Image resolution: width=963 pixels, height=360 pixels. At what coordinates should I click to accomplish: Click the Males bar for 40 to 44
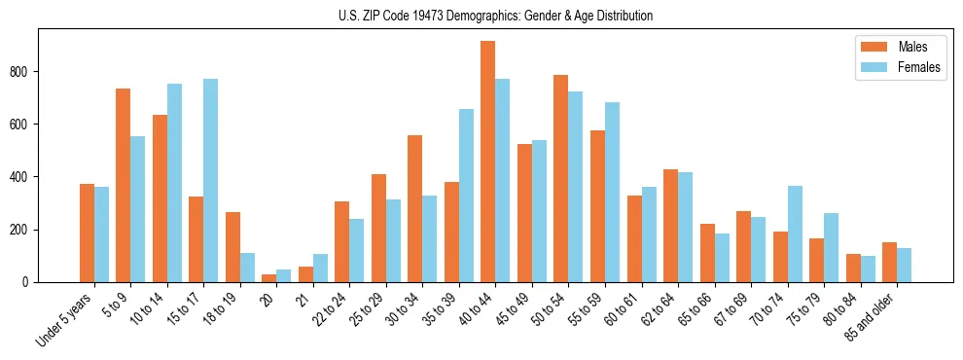[x=487, y=162]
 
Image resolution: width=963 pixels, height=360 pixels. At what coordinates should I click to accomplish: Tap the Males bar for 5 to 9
[x=123, y=185]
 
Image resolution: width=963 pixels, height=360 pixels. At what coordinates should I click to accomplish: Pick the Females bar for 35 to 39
[x=466, y=196]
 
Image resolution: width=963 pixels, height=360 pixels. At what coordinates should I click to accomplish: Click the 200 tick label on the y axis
[x=21, y=230]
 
